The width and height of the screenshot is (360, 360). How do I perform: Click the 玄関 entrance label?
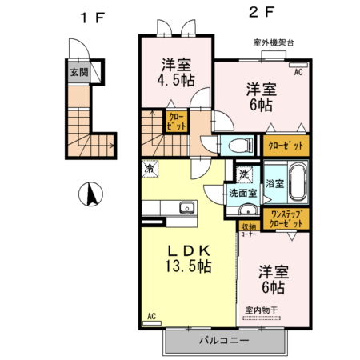[x=79, y=72]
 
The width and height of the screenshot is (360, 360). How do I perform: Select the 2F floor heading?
[x=255, y=14]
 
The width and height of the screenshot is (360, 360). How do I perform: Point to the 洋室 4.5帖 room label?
[x=174, y=71]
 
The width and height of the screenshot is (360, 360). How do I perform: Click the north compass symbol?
[x=90, y=194]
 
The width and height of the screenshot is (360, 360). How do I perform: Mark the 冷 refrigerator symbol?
[x=150, y=169]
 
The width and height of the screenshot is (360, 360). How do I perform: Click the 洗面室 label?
[x=242, y=193]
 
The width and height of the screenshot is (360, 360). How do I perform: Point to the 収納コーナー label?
[x=250, y=230]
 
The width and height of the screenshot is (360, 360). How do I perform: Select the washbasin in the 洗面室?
[x=246, y=210]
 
